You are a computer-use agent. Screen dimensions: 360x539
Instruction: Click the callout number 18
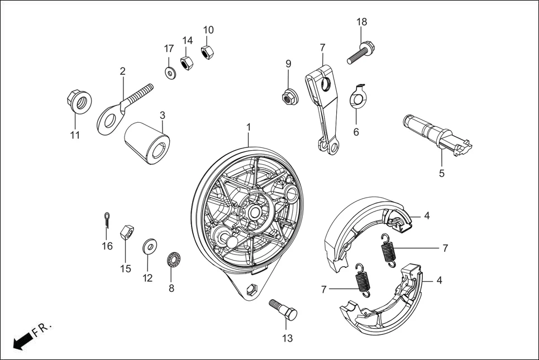(362, 22)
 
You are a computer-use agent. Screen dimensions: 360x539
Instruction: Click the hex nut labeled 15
(127, 231)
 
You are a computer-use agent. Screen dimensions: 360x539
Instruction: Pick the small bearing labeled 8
(175, 261)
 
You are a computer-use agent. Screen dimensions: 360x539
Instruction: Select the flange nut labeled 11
(77, 102)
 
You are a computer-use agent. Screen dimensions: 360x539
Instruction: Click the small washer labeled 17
(169, 72)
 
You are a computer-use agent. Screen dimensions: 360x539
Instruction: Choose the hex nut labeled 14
(187, 62)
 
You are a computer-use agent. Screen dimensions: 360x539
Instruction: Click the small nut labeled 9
(288, 97)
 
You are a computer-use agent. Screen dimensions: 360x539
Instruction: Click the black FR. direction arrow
(22, 339)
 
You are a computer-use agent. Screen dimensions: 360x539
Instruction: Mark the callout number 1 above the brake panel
(249, 128)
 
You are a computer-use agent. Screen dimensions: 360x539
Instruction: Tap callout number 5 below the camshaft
(441, 173)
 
